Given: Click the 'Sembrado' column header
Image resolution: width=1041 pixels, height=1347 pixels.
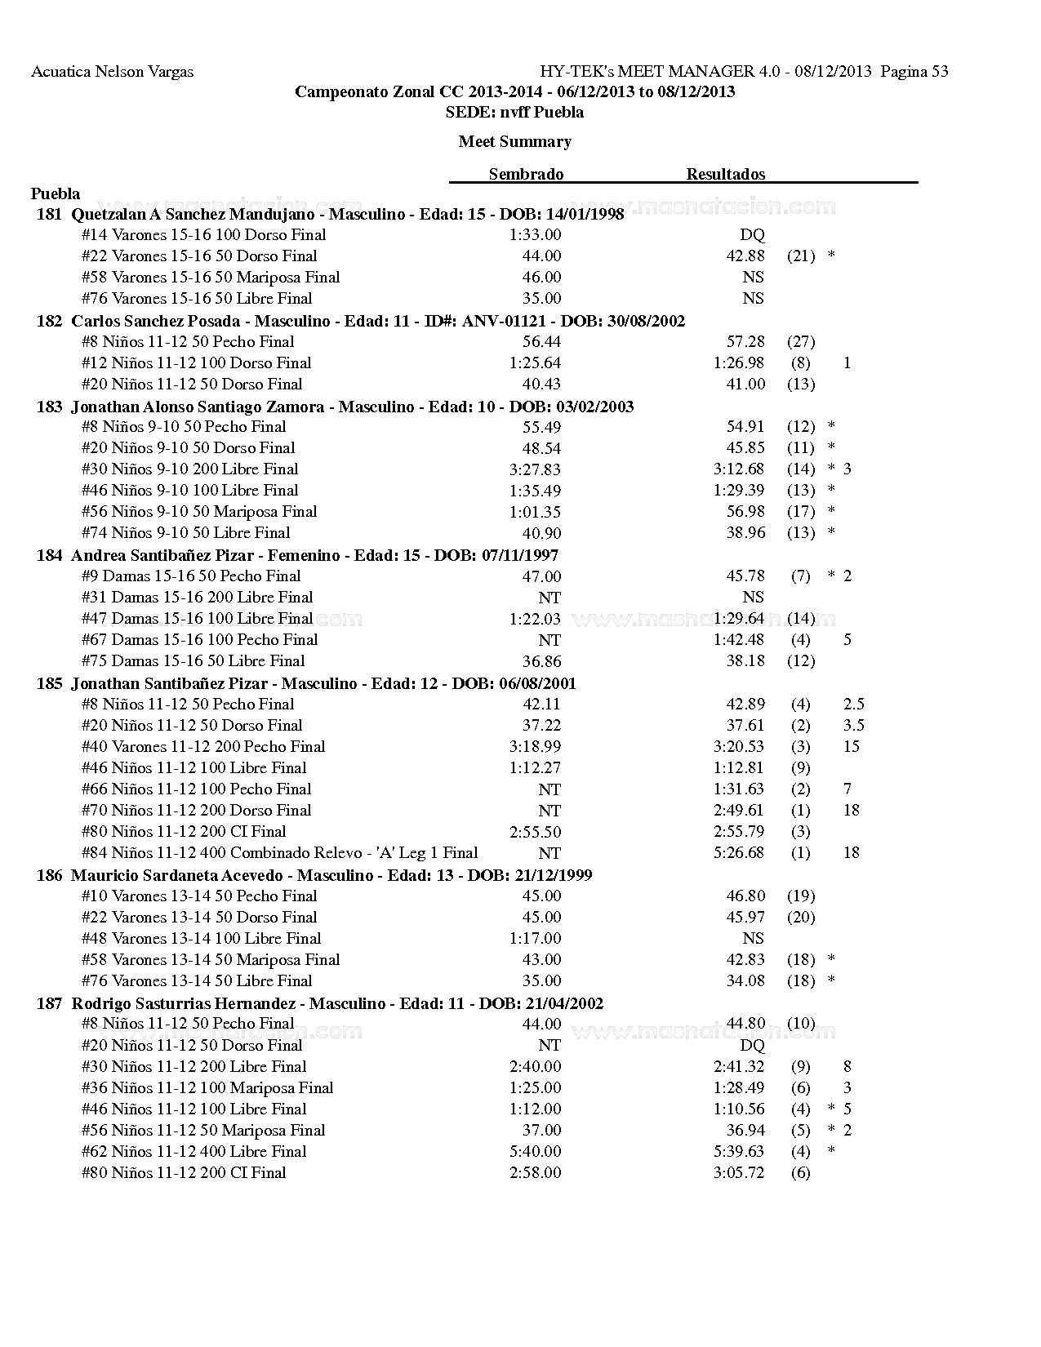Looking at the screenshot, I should click(526, 174).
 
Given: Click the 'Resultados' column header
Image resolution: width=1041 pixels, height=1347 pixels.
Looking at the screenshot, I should click(725, 174).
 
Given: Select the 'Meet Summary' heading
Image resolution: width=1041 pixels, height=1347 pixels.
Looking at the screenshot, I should click(514, 141).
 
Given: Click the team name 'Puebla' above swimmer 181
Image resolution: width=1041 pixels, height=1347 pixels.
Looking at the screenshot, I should click(56, 193).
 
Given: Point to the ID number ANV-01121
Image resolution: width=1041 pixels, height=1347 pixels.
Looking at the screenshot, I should click(504, 321).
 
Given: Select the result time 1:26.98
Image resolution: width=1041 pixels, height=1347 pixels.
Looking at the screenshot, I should click(739, 363).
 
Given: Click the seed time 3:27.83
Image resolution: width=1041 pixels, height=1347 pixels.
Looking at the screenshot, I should click(535, 469).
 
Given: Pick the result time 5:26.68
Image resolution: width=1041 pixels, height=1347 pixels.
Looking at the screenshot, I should click(739, 853).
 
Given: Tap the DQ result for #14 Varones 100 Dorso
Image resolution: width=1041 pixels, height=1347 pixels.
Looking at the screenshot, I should click(752, 235).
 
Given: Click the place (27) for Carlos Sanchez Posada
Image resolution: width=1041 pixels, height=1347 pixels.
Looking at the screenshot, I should click(801, 342).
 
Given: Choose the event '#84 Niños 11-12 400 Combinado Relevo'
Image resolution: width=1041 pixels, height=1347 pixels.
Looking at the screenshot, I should click(279, 853).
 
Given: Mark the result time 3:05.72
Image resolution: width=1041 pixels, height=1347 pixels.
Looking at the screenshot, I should click(739, 1173).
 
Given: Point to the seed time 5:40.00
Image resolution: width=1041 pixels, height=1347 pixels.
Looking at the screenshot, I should click(535, 1152).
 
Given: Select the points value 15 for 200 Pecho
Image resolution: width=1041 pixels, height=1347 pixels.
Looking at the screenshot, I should click(852, 747).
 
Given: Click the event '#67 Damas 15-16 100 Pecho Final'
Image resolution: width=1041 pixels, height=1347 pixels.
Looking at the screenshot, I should click(199, 640).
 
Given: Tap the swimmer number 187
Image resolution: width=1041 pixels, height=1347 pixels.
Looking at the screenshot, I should click(49, 1003).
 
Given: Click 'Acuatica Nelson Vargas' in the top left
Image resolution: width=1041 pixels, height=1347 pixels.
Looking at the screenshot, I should click(112, 72).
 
